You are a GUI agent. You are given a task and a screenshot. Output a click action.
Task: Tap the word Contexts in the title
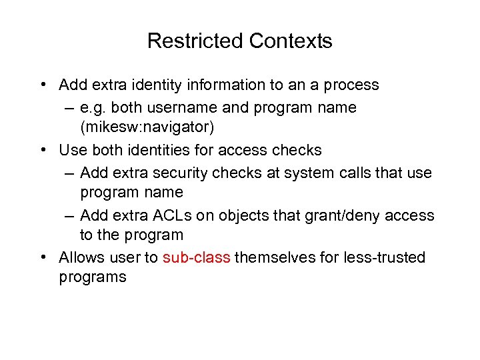[291, 41]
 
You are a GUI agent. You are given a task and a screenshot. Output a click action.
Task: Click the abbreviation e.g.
[93, 107]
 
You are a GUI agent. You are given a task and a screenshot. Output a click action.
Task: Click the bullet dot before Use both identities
[43, 150]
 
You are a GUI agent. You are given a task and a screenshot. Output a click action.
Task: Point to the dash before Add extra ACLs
[70, 215]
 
